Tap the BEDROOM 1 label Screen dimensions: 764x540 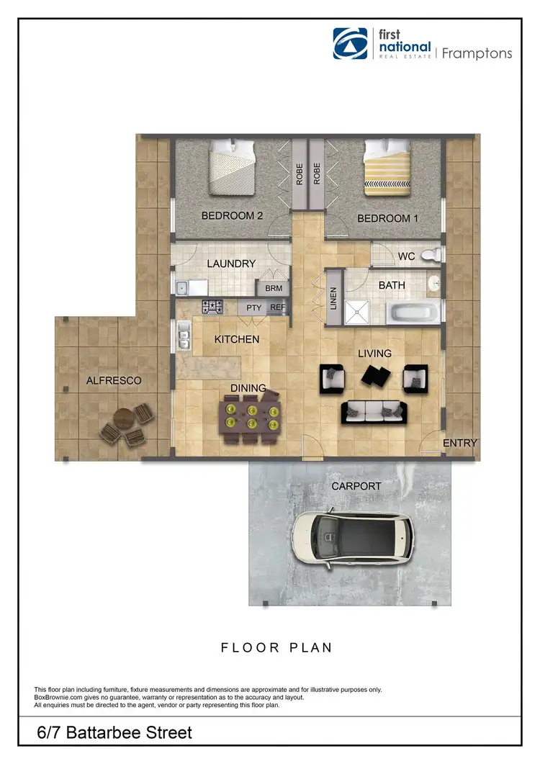point(389,218)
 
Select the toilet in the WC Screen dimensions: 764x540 point(429,254)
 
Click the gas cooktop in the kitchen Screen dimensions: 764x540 point(213,307)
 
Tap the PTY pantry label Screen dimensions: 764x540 point(253,307)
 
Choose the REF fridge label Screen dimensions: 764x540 point(278,307)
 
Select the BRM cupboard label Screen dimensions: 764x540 point(274,288)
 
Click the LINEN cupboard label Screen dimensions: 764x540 point(333,298)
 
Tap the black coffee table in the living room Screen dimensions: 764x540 point(374,374)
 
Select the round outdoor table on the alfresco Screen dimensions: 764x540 point(124,418)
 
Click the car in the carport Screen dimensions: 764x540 point(356,536)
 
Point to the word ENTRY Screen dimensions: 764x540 point(459,443)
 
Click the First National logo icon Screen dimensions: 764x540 point(350,45)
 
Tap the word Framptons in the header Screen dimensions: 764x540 point(477,53)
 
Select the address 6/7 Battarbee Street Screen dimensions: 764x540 point(115,733)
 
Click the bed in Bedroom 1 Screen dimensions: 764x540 point(387,170)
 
